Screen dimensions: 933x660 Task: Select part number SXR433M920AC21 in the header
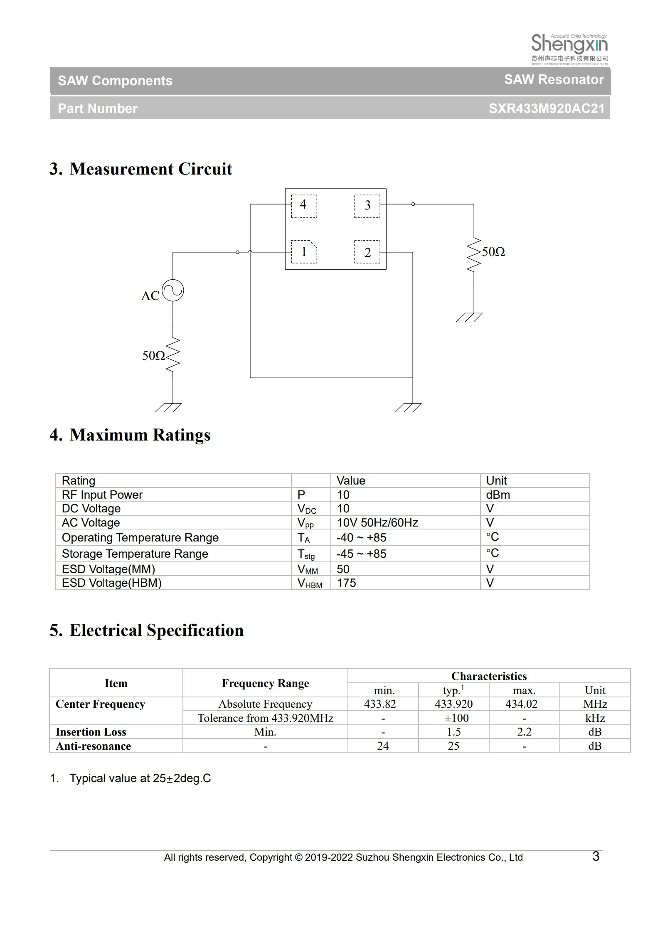click(546, 108)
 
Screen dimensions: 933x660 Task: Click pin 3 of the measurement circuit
click(367, 206)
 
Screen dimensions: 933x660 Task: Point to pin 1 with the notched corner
click(304, 252)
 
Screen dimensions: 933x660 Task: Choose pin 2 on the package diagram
click(367, 252)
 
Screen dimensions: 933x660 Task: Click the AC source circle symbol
click(172, 290)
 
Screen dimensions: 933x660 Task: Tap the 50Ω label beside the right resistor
click(493, 252)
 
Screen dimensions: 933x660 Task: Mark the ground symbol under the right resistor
click(469, 317)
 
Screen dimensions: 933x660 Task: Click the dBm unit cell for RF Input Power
click(498, 495)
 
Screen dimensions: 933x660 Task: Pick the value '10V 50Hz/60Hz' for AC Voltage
click(377, 522)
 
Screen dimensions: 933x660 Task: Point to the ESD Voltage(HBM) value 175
click(346, 583)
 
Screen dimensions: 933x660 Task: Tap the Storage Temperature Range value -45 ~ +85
click(361, 554)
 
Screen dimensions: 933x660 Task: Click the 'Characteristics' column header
click(489, 676)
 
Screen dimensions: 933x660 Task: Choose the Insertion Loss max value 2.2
click(524, 732)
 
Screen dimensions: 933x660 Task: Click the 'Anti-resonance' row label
click(93, 746)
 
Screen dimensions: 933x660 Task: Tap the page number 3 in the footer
click(596, 856)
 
